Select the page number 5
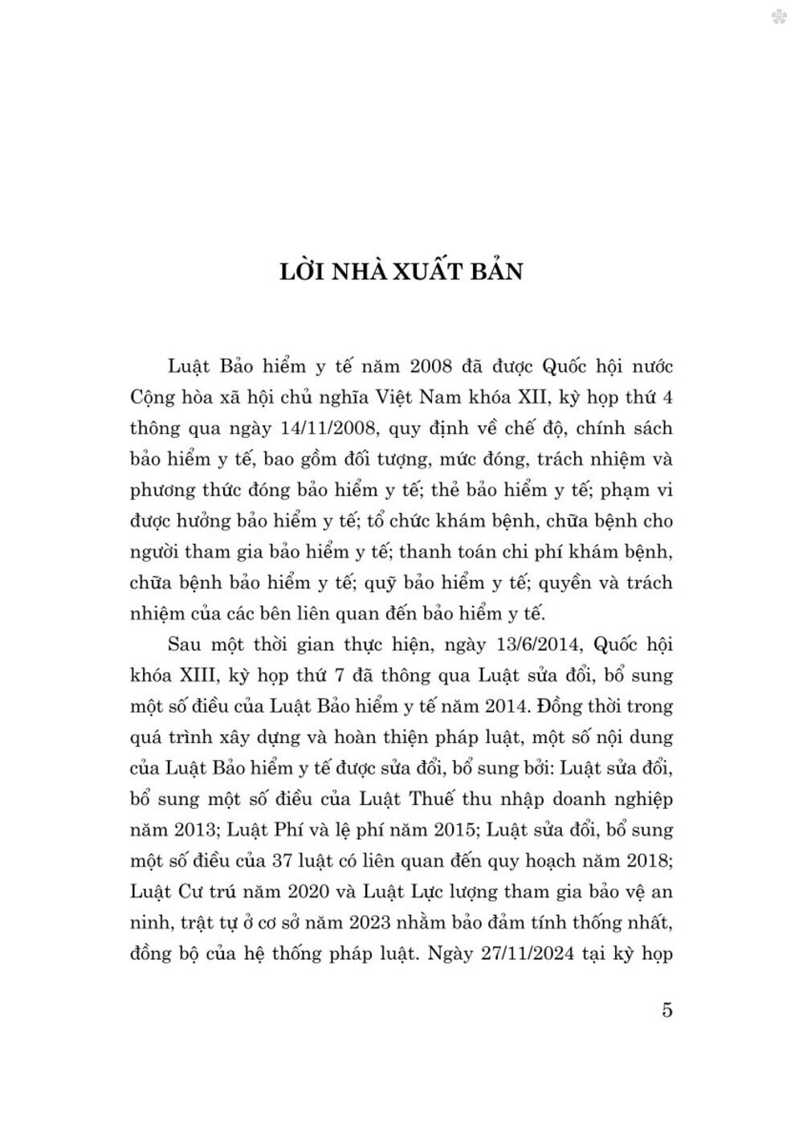point(666,1010)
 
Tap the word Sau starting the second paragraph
point(186,643)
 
